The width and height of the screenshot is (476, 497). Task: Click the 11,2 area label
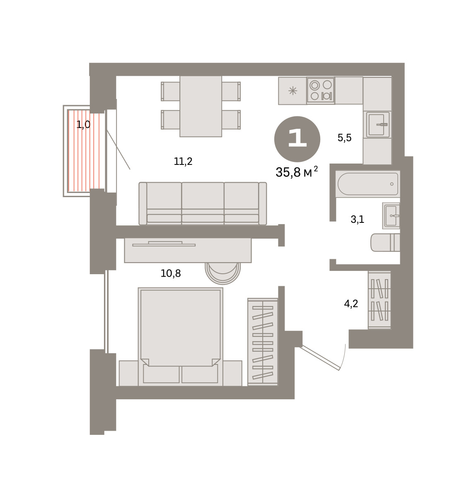coord(183,162)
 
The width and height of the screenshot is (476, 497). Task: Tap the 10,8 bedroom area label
coord(171,273)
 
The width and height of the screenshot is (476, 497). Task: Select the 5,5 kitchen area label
coord(344,138)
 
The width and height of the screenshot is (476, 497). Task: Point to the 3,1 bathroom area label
coord(357,220)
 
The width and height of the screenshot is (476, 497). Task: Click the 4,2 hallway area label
coord(351,304)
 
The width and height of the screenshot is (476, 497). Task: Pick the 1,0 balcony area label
coord(83,125)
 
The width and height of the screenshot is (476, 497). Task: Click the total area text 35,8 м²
coord(297,172)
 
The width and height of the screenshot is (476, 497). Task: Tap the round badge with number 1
coord(297,139)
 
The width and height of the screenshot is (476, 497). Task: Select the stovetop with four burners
coord(321,91)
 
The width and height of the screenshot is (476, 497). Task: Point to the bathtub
coord(367,184)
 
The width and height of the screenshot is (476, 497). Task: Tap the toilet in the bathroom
coord(385,242)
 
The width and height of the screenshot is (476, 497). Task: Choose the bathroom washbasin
coord(391,216)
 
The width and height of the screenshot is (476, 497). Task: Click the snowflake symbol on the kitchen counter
coord(292,91)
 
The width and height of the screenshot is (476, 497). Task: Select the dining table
coord(201,106)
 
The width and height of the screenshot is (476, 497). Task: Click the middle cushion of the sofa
coord(203,203)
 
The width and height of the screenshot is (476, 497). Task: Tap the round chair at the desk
coord(223,273)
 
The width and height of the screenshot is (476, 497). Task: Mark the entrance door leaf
coord(320,358)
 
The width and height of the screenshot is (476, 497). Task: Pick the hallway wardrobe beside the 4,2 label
coord(379,300)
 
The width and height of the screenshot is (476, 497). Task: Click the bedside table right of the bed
coord(232,373)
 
